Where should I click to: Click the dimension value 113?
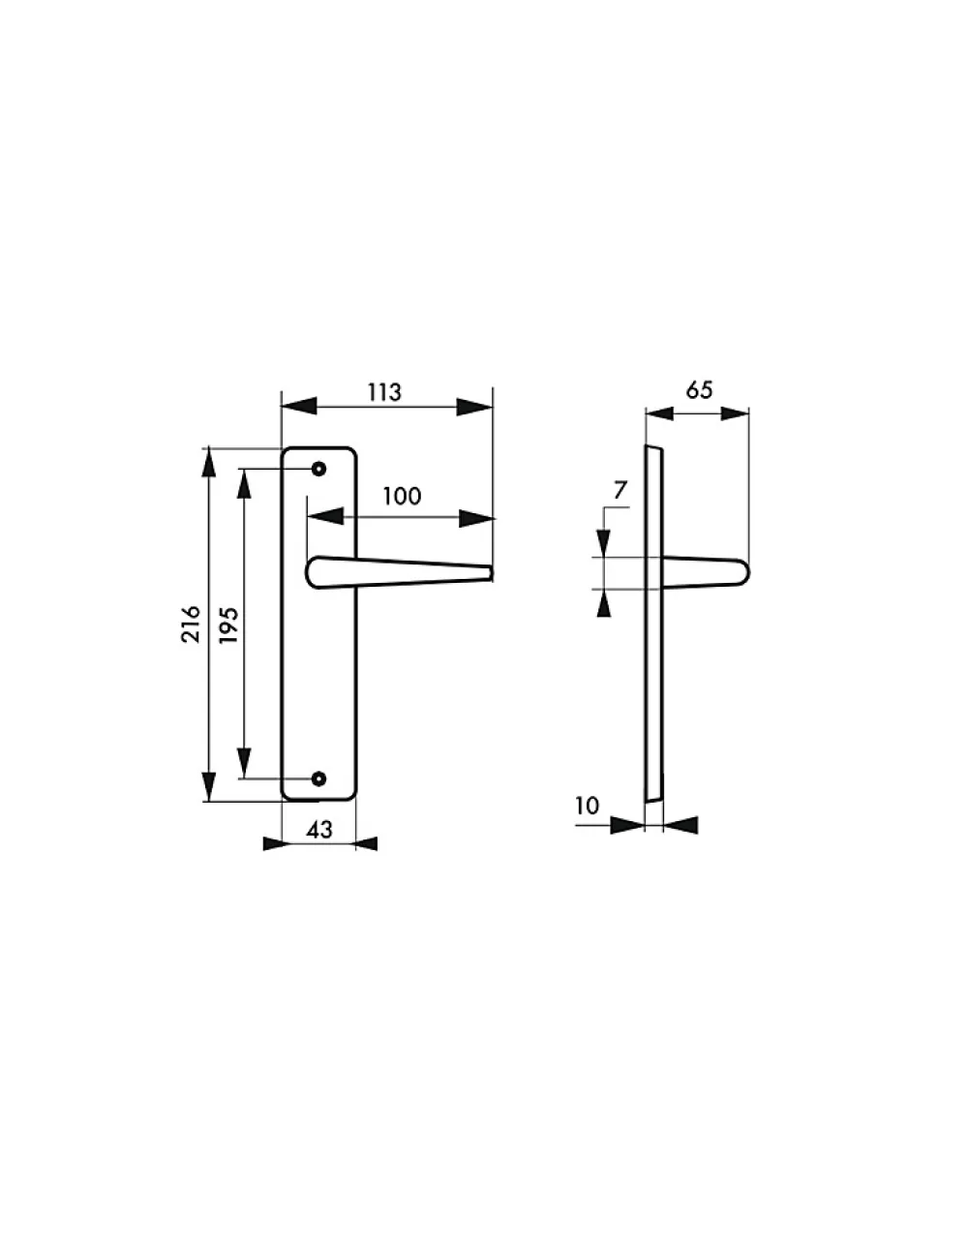(x=384, y=392)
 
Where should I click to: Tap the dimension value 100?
(x=402, y=496)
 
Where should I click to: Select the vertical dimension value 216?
(x=191, y=625)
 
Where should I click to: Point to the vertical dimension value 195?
(x=228, y=625)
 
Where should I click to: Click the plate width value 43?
(x=319, y=830)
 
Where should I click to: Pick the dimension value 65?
(x=699, y=390)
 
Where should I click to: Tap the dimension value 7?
(x=620, y=490)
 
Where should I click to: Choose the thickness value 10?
(x=587, y=806)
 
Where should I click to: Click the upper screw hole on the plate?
(x=318, y=469)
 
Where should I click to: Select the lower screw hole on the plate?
(x=318, y=778)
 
